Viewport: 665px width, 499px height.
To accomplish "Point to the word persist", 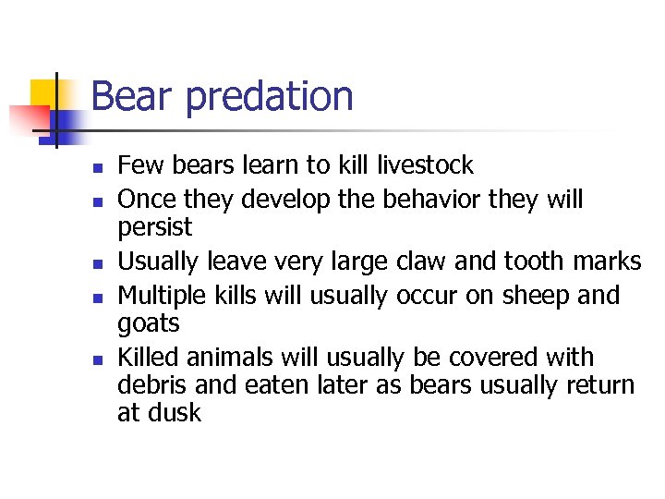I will [155, 228].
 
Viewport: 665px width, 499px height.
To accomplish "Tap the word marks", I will [607, 262].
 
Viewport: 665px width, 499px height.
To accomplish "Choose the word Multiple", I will [163, 297].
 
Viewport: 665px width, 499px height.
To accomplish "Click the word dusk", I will [173, 413].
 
